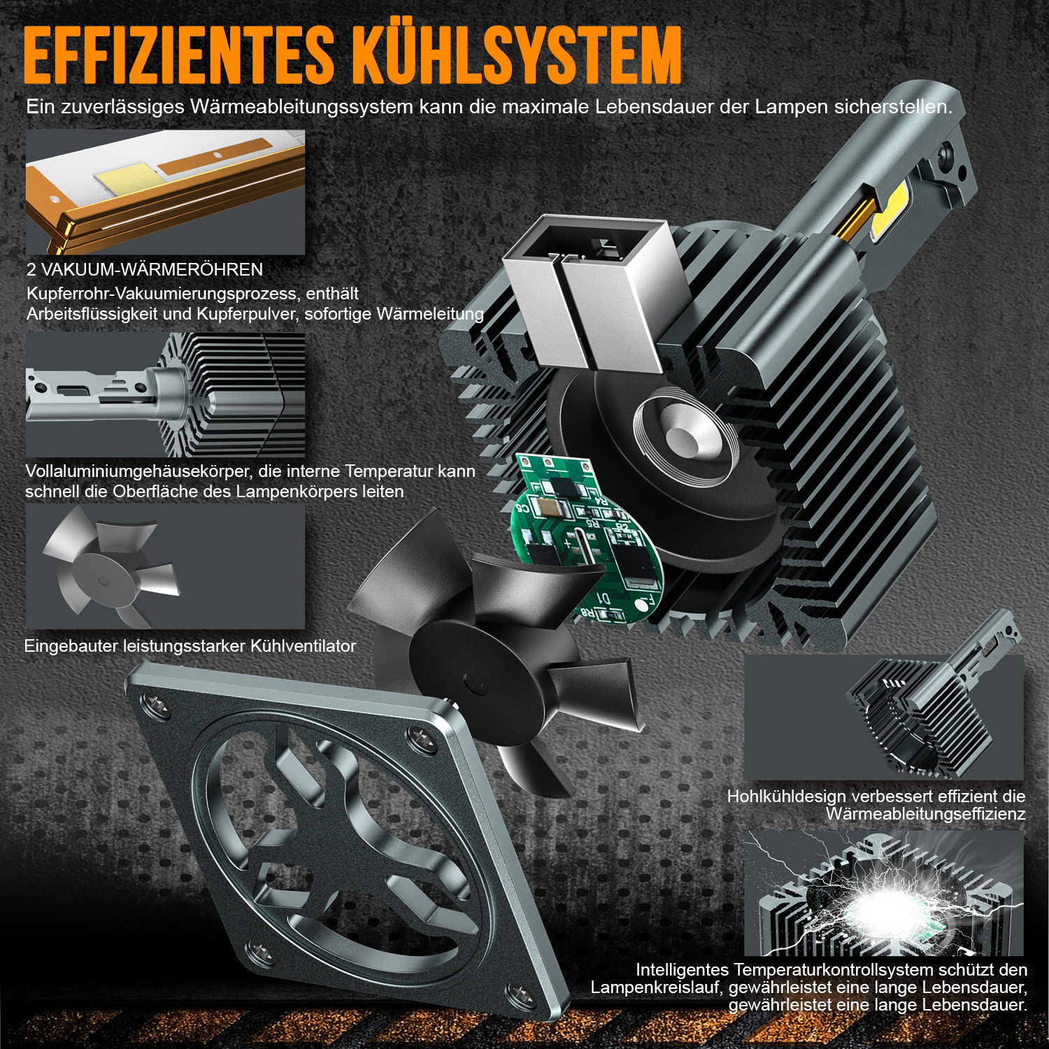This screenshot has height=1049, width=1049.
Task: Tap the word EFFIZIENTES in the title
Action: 179,56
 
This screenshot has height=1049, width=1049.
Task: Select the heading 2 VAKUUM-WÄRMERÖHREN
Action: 145,269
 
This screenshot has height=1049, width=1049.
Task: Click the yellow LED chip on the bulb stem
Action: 888,210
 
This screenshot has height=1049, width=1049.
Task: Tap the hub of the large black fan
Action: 476,682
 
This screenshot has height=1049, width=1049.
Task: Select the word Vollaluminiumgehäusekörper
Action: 136,471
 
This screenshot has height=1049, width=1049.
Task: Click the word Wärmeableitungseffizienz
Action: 926,813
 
